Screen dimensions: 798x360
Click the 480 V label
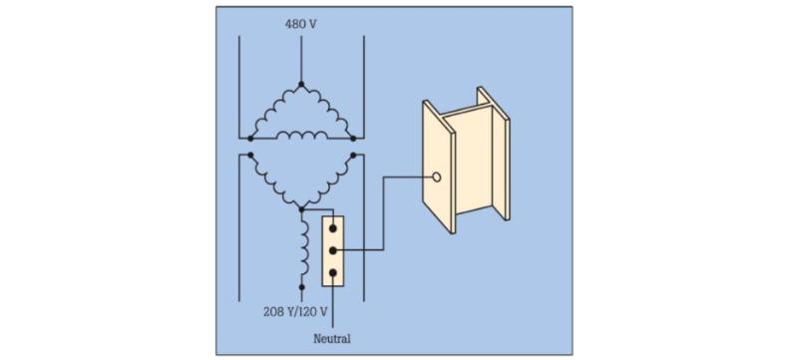(301, 23)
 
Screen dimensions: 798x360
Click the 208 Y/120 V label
(295, 312)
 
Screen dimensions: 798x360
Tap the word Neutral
(332, 339)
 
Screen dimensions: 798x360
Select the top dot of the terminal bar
(333, 228)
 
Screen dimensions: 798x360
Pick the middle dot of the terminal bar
(333, 250)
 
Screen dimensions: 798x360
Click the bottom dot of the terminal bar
(333, 273)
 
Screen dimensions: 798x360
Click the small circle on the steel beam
(436, 177)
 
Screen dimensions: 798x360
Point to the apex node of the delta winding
(301, 84)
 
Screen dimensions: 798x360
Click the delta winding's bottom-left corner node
(250, 139)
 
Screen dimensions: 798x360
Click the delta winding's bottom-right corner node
(353, 139)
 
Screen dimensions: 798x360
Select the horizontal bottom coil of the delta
(302, 136)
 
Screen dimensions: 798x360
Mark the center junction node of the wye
(301, 209)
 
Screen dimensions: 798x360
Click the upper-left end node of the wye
(250, 155)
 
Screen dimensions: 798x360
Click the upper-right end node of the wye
(353, 155)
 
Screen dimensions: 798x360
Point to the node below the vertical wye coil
(301, 287)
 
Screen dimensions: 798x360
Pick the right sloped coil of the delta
(328, 109)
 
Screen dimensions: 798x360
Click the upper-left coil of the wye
(275, 183)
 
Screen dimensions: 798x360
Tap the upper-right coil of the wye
(328, 183)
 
